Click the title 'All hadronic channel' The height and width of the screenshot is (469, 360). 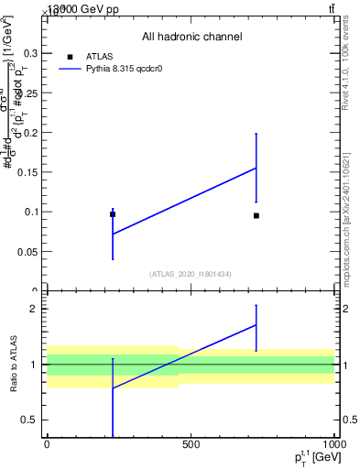click(x=191, y=37)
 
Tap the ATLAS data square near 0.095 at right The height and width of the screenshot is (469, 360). click(x=256, y=215)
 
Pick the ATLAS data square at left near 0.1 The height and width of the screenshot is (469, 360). click(x=113, y=214)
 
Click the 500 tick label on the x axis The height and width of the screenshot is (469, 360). click(x=191, y=444)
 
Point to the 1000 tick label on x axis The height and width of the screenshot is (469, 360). click(x=333, y=444)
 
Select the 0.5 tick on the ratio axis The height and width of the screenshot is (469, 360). click(x=29, y=420)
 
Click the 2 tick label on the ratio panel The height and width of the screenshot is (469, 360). click(x=33, y=309)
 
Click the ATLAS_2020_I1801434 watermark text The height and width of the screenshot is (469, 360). click(x=191, y=274)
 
